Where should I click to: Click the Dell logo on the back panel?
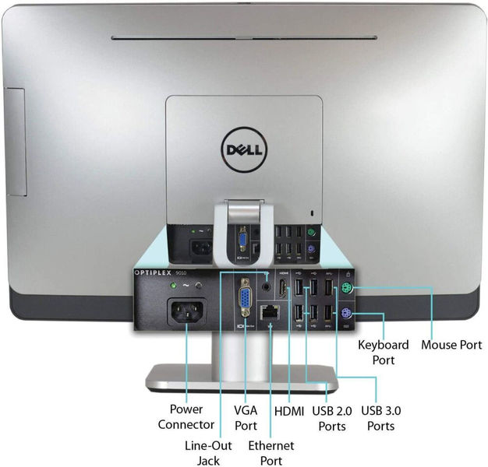tap(244, 149)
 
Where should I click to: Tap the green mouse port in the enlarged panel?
tap(347, 289)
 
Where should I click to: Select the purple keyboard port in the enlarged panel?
tap(346, 313)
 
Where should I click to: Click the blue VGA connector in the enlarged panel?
tap(245, 297)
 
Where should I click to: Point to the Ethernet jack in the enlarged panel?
tap(269, 312)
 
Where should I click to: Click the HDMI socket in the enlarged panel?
tap(283, 289)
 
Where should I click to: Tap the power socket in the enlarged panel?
tap(187, 311)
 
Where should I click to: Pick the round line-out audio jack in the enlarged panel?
tap(266, 286)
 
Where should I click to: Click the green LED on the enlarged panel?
tap(173, 285)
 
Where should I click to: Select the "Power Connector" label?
tap(186, 416)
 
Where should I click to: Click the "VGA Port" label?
tap(246, 418)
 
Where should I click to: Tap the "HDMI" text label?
tap(289, 411)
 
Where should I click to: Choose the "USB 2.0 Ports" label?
tap(332, 418)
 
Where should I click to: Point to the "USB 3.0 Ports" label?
tap(381, 418)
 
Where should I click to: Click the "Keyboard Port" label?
tap(384, 353)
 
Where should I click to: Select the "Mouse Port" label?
tap(451, 345)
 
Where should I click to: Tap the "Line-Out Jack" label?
tap(208, 453)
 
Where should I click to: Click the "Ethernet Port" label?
tap(271, 453)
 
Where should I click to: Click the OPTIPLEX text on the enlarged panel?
tap(154, 272)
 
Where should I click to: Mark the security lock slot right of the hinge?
tap(313, 212)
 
